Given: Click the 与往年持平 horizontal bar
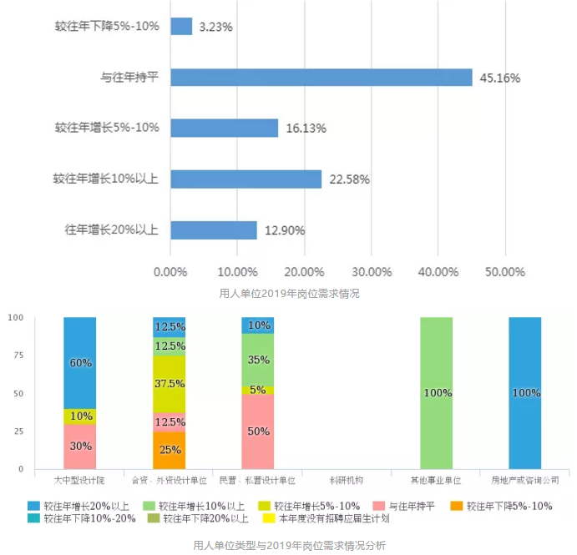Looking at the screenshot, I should (x=321, y=78).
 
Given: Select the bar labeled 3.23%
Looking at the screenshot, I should (x=181, y=27).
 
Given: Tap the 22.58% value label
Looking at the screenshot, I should (x=349, y=179).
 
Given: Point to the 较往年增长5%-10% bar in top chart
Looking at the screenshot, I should (x=224, y=128).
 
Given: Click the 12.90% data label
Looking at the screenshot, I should (x=285, y=230).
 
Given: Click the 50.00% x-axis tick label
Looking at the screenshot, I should (x=505, y=273).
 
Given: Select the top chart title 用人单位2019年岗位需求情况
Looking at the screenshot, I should (x=288, y=294).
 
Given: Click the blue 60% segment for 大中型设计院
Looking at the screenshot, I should (x=80, y=363).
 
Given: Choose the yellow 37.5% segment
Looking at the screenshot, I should (x=169, y=384).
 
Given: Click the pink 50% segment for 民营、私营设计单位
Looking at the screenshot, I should (x=258, y=431).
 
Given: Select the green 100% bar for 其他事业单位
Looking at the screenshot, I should (x=436, y=392).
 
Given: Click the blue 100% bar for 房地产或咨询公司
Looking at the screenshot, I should (x=524, y=392).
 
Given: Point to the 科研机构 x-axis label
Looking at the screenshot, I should (x=347, y=481).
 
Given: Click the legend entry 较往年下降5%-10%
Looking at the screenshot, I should (x=502, y=506).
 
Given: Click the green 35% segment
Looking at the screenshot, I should (x=258, y=360).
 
